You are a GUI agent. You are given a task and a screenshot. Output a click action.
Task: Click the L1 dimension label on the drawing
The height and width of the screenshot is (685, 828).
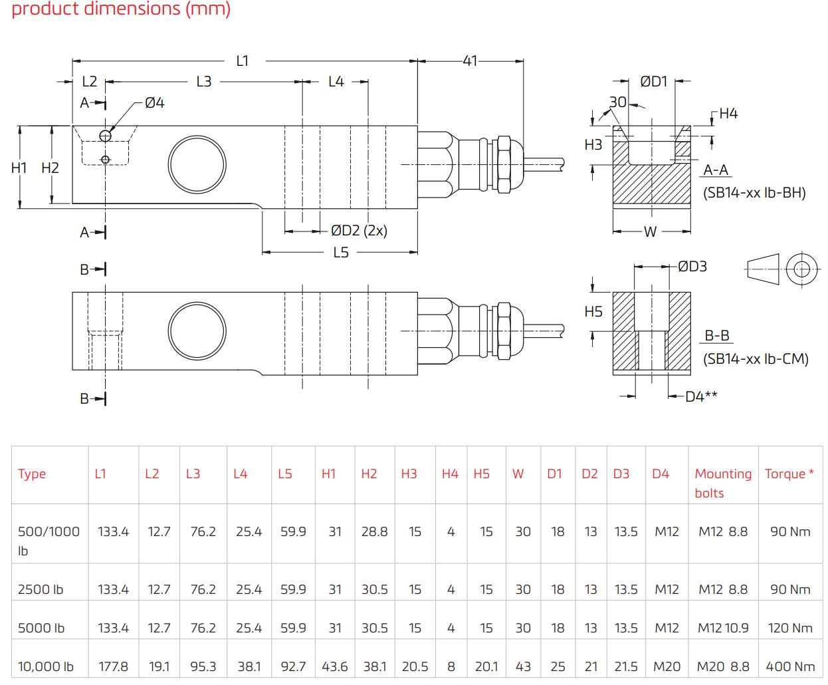pyautogui.click(x=243, y=61)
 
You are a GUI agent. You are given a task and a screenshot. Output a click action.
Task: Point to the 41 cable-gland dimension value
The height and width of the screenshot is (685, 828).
pyautogui.click(x=470, y=61)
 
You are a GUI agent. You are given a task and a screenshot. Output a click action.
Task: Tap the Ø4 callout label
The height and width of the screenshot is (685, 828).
pyautogui.click(x=154, y=103)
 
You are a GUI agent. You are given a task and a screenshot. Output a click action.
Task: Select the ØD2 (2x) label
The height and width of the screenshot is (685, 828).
pyautogui.click(x=359, y=230)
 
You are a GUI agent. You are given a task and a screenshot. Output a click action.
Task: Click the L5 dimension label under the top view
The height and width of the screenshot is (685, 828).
pyautogui.click(x=341, y=253)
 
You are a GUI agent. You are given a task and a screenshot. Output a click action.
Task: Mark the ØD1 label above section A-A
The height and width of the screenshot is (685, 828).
pyautogui.click(x=653, y=81)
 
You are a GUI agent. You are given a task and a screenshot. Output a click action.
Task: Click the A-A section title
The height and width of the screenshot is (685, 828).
pyautogui.click(x=716, y=170)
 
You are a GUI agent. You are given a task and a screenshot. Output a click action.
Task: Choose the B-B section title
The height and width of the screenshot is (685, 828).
pyautogui.click(x=717, y=335)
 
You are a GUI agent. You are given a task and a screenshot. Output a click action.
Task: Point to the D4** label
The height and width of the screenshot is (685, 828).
pyautogui.click(x=701, y=396)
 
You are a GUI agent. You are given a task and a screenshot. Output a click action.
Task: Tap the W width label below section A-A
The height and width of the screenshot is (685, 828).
pyautogui.click(x=650, y=231)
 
